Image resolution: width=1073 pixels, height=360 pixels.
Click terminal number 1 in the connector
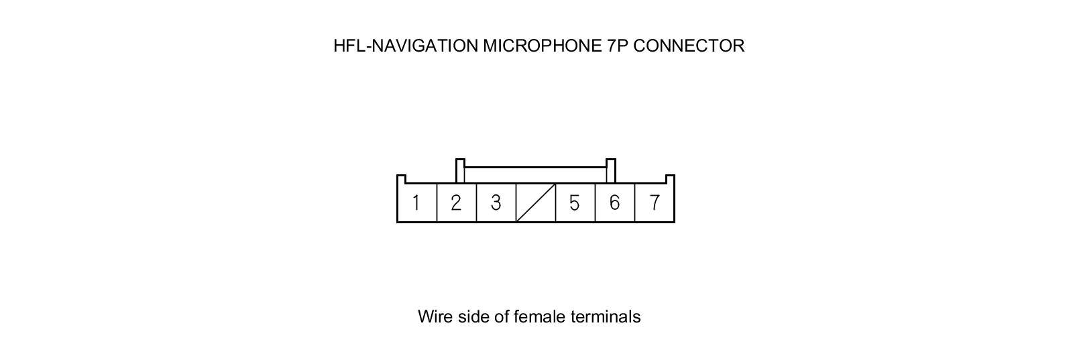pyautogui.click(x=416, y=202)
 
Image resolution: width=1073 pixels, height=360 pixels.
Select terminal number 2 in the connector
pyautogui.click(x=456, y=202)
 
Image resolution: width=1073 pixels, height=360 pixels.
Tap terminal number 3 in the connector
pyautogui.click(x=496, y=202)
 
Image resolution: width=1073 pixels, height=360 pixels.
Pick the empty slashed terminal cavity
pyautogui.click(x=536, y=202)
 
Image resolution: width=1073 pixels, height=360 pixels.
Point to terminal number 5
pyautogui.click(x=575, y=202)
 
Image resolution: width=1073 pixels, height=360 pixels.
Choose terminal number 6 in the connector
pyautogui.click(x=614, y=202)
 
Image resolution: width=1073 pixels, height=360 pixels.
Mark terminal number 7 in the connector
pyautogui.click(x=655, y=202)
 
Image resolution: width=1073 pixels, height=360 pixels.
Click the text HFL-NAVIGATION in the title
pyautogui.click(x=406, y=46)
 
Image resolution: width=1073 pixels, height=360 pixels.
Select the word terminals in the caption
pyautogui.click(x=606, y=316)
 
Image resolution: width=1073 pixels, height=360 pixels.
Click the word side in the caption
pyautogui.click(x=473, y=316)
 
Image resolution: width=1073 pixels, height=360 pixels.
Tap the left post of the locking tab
pyautogui.click(x=460, y=170)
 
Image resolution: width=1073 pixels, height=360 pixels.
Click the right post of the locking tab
pyautogui.click(x=611, y=170)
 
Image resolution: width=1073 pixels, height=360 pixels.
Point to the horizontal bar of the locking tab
pyautogui.click(x=535, y=168)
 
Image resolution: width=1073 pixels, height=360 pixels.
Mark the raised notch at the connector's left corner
pyautogui.click(x=401, y=179)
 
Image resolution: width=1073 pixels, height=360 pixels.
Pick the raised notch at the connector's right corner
pyautogui.click(x=670, y=179)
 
